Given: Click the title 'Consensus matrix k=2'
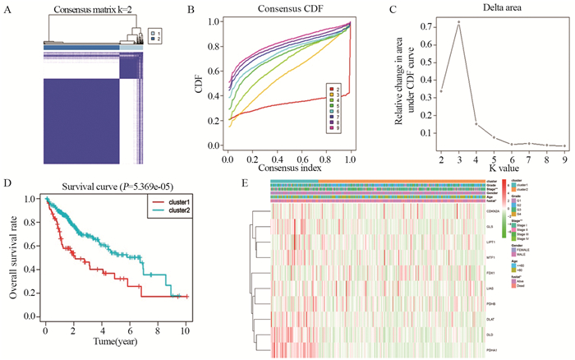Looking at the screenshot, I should (x=82, y=10).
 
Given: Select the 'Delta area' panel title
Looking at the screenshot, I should (x=476, y=10).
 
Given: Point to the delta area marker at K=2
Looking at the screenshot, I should (x=440, y=90).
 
